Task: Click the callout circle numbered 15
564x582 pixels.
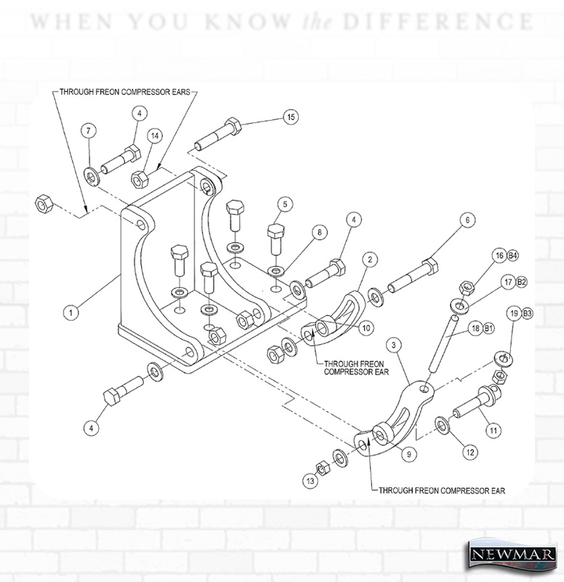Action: click(291, 117)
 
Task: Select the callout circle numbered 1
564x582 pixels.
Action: click(70, 312)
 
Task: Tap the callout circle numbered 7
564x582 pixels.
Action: click(88, 131)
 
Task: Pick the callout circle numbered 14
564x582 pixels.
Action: click(155, 136)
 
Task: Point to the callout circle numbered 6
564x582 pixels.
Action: click(467, 220)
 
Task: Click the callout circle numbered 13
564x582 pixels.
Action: click(310, 481)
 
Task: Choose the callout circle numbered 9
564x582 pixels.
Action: click(409, 454)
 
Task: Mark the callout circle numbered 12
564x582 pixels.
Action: click(470, 452)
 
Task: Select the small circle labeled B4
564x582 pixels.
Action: click(512, 255)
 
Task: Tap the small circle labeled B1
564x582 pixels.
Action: click(488, 328)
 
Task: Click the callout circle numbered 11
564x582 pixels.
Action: click(493, 431)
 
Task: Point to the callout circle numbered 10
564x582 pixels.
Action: click(366, 328)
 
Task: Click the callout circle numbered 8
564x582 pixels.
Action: click(319, 233)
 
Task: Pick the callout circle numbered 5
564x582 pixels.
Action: click(285, 204)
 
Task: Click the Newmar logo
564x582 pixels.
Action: click(513, 554)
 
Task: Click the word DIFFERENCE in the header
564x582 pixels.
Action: click(438, 22)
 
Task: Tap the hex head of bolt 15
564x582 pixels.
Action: click(233, 126)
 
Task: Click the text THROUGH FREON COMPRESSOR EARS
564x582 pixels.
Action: click(125, 92)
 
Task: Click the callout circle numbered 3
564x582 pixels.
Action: click(393, 345)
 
